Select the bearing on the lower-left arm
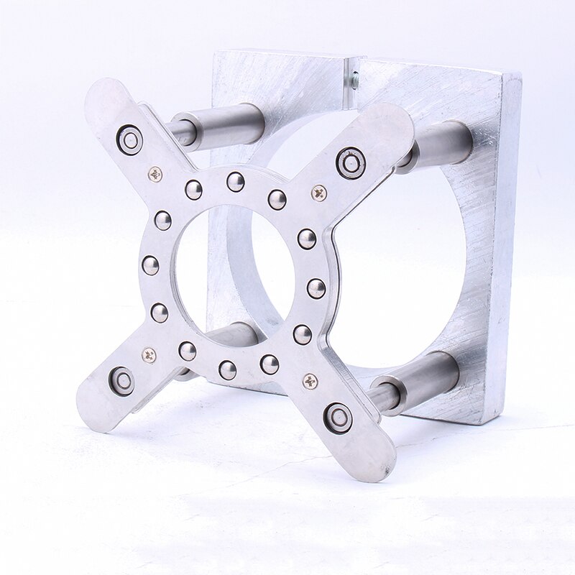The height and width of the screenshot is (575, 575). click(121, 380)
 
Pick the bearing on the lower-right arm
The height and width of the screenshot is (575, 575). click(337, 418)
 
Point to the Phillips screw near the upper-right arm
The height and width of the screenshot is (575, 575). click(319, 193)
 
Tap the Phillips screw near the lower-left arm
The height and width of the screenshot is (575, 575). click(149, 354)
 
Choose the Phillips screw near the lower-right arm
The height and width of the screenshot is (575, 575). click(310, 381)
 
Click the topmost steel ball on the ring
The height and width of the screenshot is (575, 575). click(235, 182)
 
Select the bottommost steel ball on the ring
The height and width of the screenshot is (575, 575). click(227, 369)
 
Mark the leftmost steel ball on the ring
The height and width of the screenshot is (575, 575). click(150, 265)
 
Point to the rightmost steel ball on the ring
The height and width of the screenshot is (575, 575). click(316, 287)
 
